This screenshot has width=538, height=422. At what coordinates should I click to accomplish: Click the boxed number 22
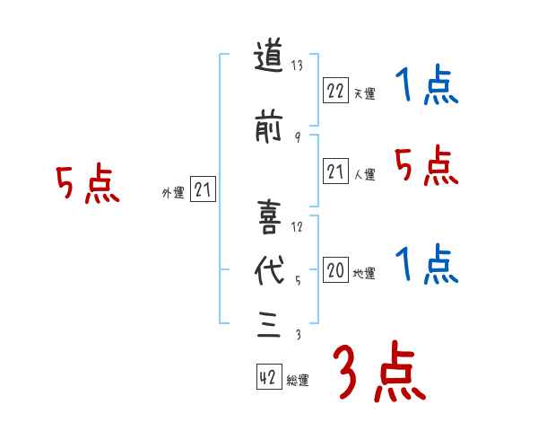335,91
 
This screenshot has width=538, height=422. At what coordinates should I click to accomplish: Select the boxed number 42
267,379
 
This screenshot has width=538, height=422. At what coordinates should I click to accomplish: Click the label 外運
172,192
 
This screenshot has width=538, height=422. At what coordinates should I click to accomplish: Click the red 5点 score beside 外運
87,186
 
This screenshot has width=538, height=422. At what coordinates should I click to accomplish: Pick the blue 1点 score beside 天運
427,87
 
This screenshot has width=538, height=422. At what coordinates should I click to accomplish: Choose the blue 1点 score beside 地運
427,265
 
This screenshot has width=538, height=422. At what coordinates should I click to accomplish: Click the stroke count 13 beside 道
299,66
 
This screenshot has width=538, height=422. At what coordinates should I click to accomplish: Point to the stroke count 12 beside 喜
298,226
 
